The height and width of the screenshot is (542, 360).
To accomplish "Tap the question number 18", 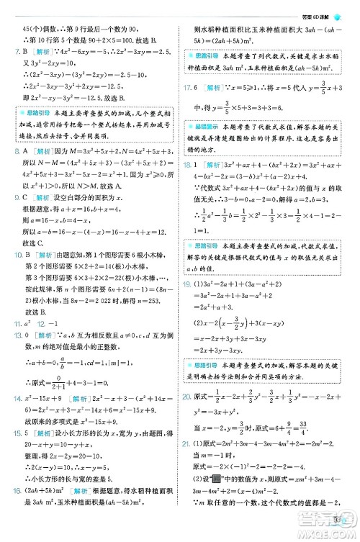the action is coord(188,184).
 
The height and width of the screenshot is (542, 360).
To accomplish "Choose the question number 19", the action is coord(188,304).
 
